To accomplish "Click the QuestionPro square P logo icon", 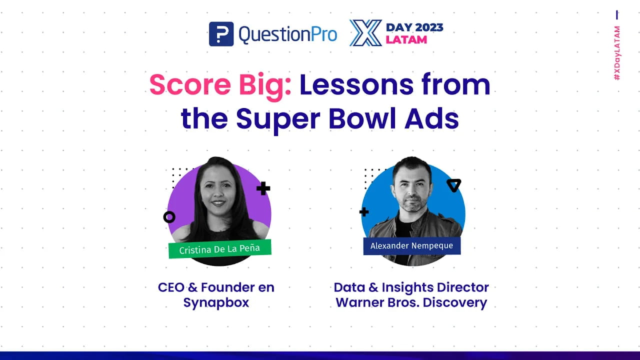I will (221, 34).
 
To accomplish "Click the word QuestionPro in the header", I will (287, 34).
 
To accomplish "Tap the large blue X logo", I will (365, 33).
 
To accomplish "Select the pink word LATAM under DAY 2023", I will (406, 39).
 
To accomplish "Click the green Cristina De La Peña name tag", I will (220, 248).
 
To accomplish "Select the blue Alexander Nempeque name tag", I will (411, 246).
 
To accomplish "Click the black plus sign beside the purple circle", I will (263, 188).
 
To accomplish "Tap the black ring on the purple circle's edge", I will (169, 217).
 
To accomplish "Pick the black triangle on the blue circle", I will (453, 185).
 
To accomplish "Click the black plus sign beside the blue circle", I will (364, 212).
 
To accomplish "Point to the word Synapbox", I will (216, 303).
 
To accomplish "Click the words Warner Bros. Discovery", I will (411, 303).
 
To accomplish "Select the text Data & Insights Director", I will (411, 287).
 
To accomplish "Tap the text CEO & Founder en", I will (216, 287).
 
